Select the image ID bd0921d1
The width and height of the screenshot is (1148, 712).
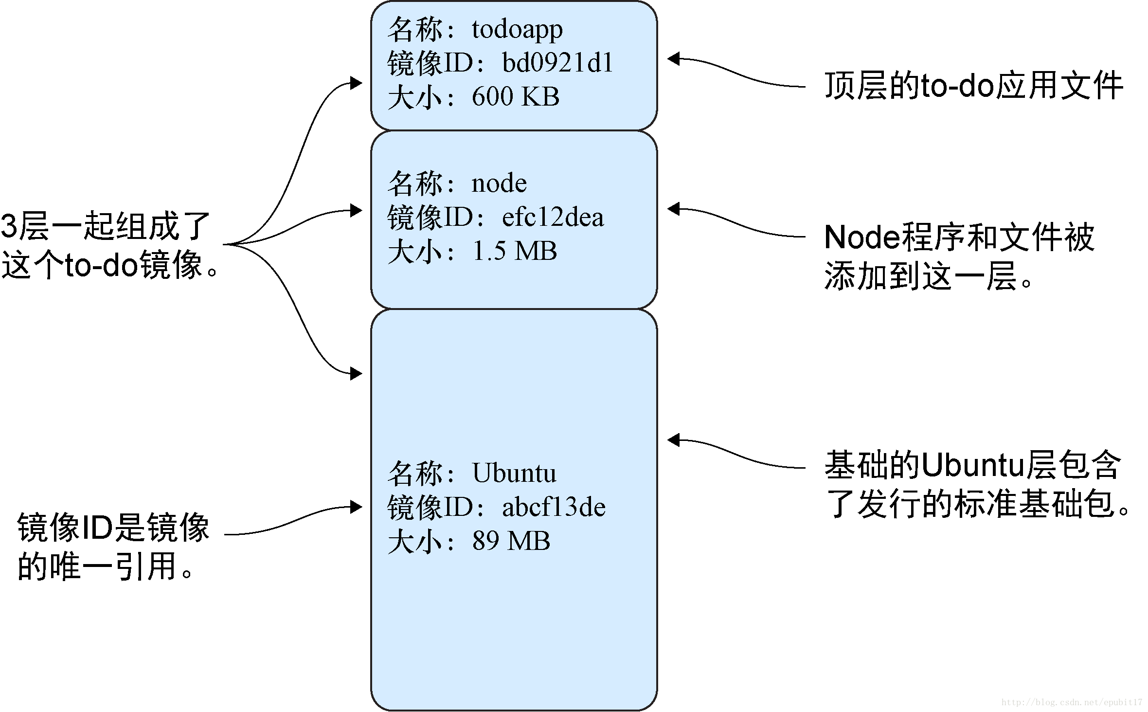click(x=557, y=64)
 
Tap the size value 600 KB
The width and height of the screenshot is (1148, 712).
click(x=515, y=97)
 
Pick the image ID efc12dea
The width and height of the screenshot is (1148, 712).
click(x=553, y=218)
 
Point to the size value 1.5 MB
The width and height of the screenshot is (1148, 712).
click(x=514, y=252)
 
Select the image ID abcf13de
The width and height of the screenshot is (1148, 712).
click(x=554, y=508)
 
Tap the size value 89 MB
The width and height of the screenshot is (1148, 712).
click(x=511, y=541)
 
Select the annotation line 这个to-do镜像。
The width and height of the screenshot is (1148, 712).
click(x=109, y=266)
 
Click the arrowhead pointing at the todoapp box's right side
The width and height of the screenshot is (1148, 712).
click(x=673, y=59)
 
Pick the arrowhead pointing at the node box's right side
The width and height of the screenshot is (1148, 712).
click(x=673, y=209)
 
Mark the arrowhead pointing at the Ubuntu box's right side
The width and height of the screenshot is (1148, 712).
click(x=673, y=440)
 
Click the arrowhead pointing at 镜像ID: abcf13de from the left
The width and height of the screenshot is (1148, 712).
click(x=357, y=507)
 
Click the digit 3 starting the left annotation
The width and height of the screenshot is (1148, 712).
click(x=9, y=227)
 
